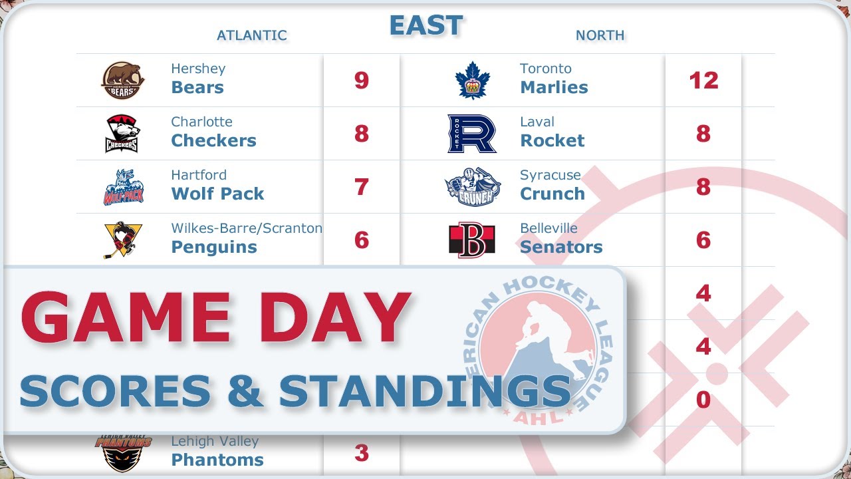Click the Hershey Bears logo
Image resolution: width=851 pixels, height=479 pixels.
tap(123, 80)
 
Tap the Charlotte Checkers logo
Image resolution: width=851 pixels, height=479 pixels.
tap(122, 134)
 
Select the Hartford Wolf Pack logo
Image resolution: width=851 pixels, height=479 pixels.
tap(123, 187)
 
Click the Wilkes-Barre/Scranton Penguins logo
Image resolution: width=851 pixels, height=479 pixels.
tap(123, 239)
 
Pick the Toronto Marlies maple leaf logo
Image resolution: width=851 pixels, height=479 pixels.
tap(472, 80)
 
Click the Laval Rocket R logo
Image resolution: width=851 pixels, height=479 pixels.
tap(472, 134)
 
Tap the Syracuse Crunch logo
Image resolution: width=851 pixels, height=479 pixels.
tap(472, 187)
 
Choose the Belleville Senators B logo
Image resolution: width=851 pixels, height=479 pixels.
tap(472, 240)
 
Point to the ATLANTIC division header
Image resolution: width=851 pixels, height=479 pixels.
tap(252, 35)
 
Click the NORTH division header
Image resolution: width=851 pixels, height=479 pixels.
tap(600, 35)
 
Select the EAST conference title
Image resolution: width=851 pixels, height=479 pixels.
tap(425, 26)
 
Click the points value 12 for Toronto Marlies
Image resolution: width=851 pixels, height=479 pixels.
tap(703, 80)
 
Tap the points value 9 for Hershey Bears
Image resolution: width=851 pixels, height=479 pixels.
tap(361, 80)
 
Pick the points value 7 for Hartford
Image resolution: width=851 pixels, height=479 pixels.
tap(361, 187)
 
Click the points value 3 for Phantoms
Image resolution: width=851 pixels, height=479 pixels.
tap(361, 453)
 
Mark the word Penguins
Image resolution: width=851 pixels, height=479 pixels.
tap(214, 247)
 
